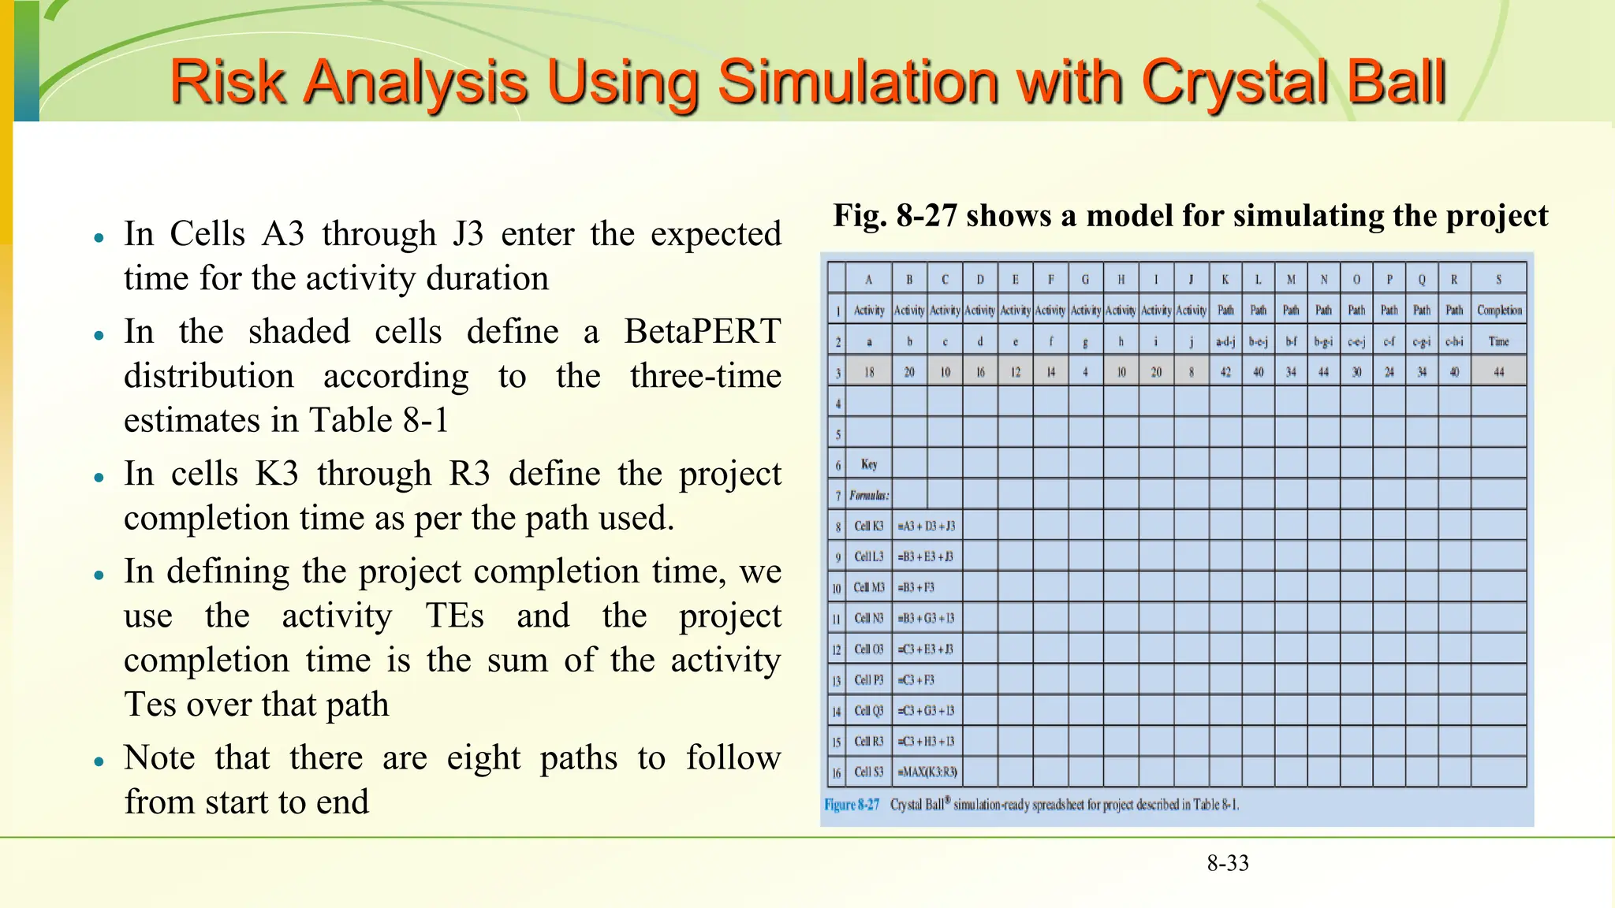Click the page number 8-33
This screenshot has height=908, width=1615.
tap(1228, 863)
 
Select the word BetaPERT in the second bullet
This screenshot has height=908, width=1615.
tap(702, 331)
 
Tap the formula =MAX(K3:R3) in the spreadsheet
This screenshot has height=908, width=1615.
tap(927, 772)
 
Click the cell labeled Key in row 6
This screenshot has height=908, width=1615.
tap(869, 464)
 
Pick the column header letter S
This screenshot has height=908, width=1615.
tap(1498, 279)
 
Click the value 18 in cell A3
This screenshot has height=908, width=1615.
tap(869, 372)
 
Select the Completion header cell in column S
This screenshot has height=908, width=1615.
tap(1498, 310)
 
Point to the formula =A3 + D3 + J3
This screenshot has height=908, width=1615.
tap(926, 526)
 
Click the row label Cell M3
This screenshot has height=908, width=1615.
tap(869, 587)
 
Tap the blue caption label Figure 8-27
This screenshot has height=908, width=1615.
tap(852, 805)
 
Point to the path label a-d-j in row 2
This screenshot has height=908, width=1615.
tap(1225, 341)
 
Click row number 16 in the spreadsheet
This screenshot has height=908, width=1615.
tap(837, 772)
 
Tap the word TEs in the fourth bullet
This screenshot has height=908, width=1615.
tap(454, 616)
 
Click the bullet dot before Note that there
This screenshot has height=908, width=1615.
tap(99, 762)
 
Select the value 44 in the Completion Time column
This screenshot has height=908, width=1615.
tap(1498, 372)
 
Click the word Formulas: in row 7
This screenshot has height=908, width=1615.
tap(869, 495)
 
